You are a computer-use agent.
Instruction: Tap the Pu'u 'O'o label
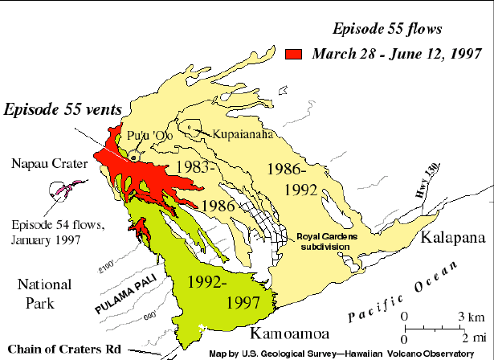pos(147,135)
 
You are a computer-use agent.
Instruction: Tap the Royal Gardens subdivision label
pos(332,242)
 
